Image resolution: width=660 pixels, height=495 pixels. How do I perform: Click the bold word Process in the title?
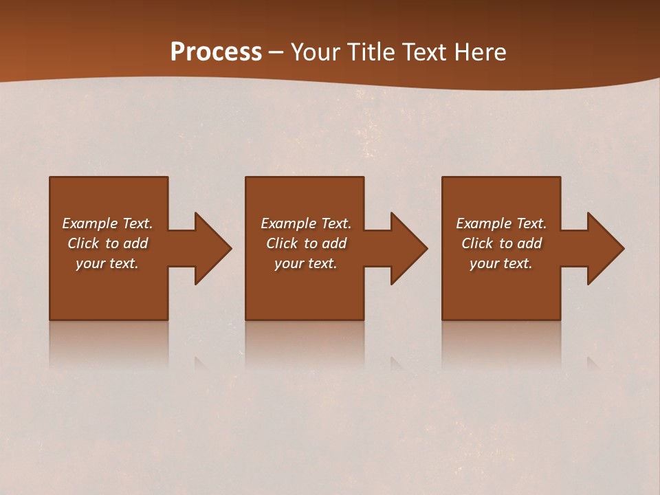click(216, 52)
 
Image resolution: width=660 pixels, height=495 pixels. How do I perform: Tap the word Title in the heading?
click(372, 52)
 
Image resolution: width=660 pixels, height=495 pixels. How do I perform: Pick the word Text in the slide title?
click(425, 52)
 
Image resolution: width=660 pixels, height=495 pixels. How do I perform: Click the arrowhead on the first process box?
click(212, 248)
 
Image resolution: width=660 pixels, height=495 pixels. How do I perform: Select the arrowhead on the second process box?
click(408, 248)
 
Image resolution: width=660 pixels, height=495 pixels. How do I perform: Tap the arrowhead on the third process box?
click(605, 248)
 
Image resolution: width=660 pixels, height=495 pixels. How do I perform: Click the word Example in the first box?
click(90, 223)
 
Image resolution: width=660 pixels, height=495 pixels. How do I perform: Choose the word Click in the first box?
click(82, 243)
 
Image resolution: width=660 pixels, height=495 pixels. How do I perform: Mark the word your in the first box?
click(90, 264)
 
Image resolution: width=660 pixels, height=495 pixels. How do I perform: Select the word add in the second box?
click(334, 243)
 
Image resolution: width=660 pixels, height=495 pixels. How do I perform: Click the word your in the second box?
click(289, 264)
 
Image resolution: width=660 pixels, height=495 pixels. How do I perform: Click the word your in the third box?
click(484, 264)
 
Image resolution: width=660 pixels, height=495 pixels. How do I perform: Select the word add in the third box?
click(529, 243)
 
